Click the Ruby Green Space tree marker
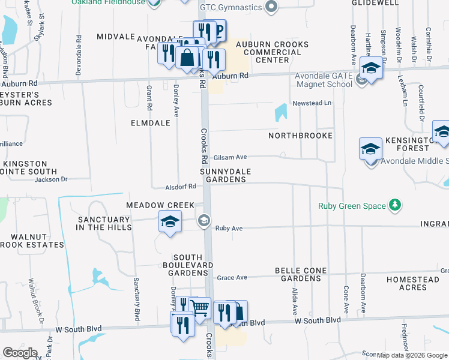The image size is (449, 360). click(395, 206)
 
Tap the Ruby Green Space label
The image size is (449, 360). click(352, 206)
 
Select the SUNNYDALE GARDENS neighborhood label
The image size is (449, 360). click(225, 175)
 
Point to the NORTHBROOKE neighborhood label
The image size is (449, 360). click(300, 136)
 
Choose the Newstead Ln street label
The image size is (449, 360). click(312, 103)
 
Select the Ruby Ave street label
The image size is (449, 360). click(229, 229)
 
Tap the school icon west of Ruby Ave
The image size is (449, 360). click(170, 221)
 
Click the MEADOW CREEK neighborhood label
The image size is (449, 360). click(160, 205)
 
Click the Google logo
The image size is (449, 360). click(20, 353)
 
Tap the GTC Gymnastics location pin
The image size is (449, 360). click(271, 7)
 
